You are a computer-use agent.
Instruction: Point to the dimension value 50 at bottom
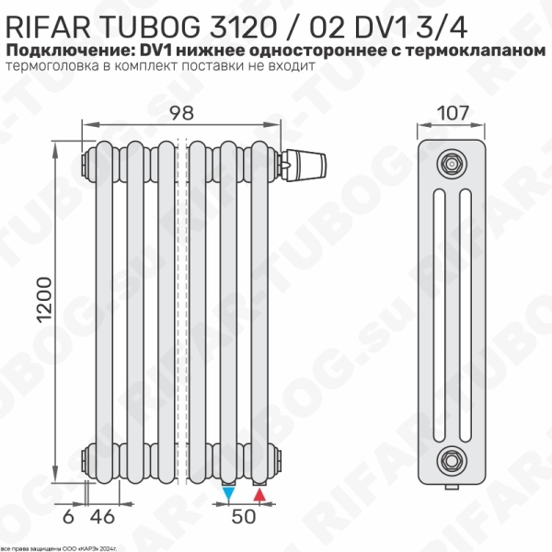coord(242,517)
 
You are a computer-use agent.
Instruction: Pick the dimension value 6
coord(68,517)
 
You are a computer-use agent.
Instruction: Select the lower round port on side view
coord(450,457)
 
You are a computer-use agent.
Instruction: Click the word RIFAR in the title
coord(50,20)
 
